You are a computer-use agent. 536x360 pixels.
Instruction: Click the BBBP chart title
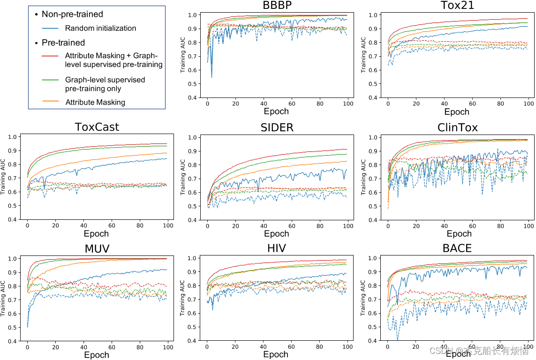276,6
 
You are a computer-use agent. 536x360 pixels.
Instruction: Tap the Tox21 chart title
457,6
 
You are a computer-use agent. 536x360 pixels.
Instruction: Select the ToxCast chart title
97,127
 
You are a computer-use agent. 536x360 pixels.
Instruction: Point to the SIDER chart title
276,127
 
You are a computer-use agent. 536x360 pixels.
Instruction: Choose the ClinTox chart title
457,127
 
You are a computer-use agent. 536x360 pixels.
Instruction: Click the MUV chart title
97,248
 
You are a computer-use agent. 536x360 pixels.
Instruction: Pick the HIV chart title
276,248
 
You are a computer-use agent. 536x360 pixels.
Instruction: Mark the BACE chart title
457,248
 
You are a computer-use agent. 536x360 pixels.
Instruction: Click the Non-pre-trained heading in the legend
72,14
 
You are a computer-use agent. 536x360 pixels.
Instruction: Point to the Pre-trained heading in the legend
63,43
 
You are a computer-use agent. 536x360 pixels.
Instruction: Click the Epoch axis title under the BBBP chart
276,112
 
